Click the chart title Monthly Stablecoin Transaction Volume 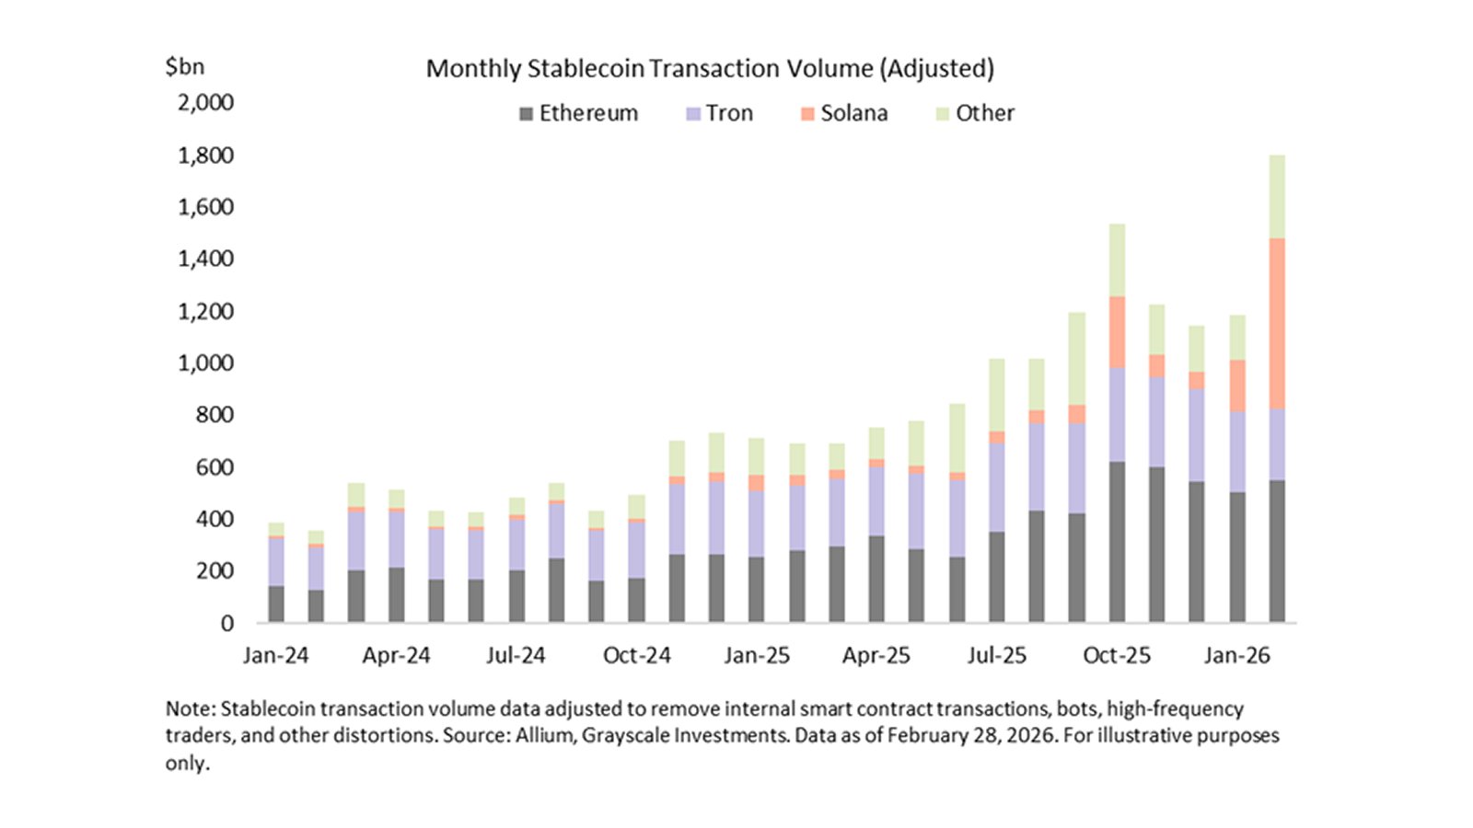(x=709, y=69)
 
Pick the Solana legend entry (x=844, y=113)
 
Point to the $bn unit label (x=185, y=66)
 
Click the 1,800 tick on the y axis (x=205, y=155)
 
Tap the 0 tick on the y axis (x=226, y=623)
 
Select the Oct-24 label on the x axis (x=636, y=655)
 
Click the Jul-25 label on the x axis (x=996, y=655)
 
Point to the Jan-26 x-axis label (x=1236, y=655)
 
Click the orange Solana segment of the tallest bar (x=1277, y=322)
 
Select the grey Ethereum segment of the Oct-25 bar (x=1117, y=543)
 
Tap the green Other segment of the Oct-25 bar (x=1117, y=259)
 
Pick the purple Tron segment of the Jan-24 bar (x=275, y=561)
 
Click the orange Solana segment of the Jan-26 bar (x=1237, y=385)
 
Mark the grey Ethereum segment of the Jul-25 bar (x=996, y=577)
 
